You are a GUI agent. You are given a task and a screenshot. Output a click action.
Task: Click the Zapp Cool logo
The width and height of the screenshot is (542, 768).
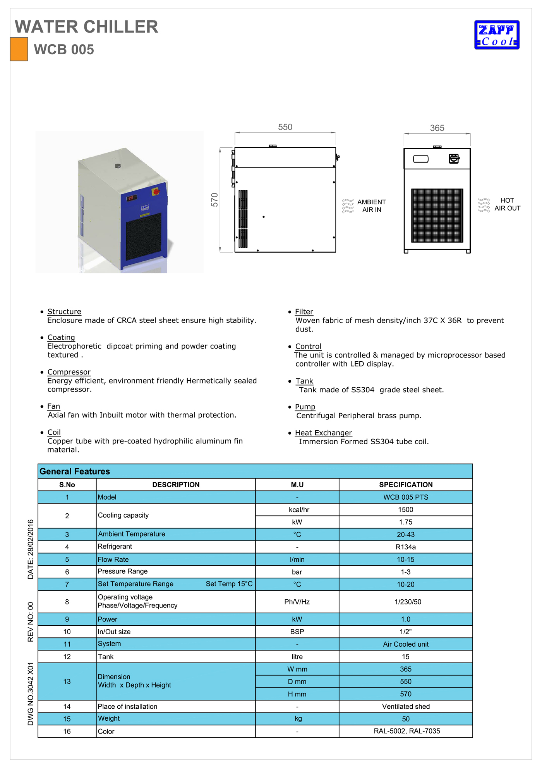pos(497,35)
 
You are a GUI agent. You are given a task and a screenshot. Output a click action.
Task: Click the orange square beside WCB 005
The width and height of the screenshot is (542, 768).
pos(19,49)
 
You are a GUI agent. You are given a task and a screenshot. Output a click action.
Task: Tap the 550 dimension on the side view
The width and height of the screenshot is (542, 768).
pos(285,127)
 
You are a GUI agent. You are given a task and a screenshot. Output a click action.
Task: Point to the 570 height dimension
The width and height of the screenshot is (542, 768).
pos(214,200)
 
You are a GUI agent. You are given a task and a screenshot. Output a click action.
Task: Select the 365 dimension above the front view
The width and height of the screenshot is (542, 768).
pos(437,128)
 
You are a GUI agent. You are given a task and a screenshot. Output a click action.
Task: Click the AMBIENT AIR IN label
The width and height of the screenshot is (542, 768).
pos(371,206)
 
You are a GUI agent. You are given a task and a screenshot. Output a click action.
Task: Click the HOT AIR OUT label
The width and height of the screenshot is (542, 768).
pos(507,204)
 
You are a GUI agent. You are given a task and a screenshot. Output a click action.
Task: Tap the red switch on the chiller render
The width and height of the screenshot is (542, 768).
pos(156,192)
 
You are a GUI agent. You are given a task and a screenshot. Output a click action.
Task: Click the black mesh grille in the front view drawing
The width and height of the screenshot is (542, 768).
pos(437,215)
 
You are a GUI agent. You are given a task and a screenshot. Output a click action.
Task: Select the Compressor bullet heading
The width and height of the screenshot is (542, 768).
pos(69,372)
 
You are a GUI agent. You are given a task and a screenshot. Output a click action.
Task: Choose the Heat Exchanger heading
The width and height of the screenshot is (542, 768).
pos(323,433)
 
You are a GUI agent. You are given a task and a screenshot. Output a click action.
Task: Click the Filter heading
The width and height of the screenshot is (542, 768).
pos(304,312)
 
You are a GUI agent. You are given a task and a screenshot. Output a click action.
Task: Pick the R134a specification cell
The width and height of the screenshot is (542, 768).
pos(405,547)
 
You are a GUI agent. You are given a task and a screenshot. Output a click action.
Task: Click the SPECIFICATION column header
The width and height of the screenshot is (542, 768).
pos(406,485)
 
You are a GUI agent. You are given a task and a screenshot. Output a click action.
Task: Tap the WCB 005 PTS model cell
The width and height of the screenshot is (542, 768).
pos(406,497)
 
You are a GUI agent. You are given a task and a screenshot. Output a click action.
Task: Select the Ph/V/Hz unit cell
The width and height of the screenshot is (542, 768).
pos(297,602)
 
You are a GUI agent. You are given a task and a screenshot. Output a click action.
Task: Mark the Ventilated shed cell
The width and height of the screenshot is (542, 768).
pos(406,707)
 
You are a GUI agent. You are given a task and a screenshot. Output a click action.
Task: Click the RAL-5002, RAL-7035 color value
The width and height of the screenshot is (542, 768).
pos(406,731)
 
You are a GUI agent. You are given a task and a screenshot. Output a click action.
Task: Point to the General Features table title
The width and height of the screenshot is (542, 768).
pos(75,471)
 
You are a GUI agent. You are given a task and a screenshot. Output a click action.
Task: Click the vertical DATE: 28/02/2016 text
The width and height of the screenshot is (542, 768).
pos(31,549)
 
